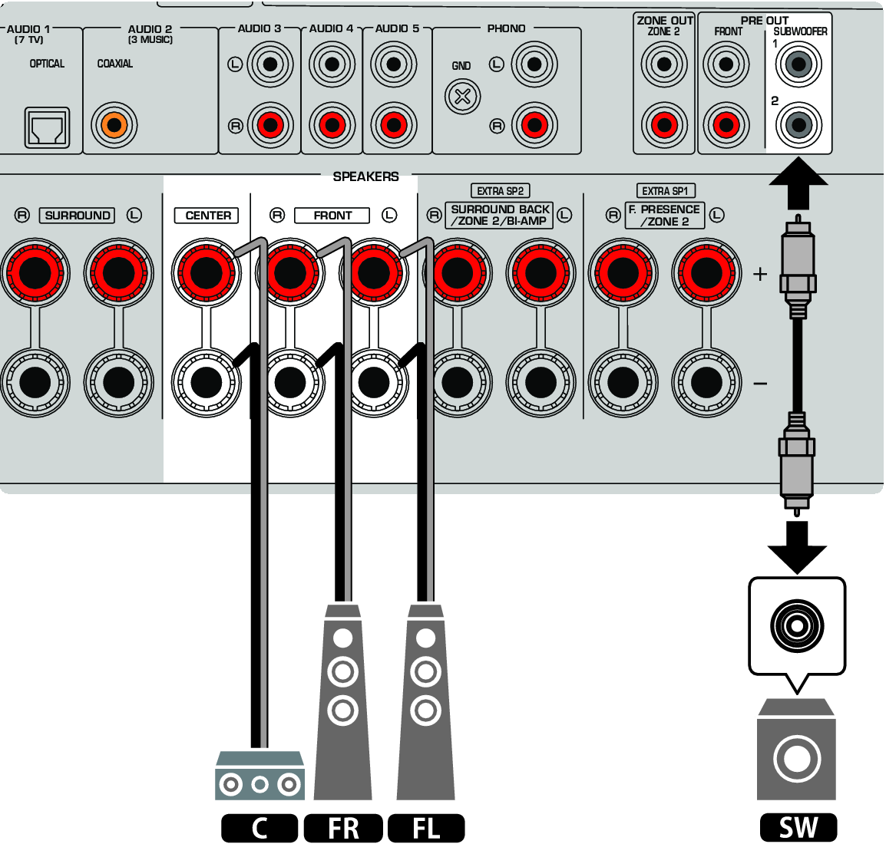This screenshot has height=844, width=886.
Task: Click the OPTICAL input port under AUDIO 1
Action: pos(48,127)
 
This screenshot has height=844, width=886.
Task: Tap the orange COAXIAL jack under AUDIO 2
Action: pos(114,124)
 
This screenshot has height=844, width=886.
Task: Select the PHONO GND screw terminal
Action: pos(462,97)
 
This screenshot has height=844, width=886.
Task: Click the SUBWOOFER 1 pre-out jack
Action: pos(798,64)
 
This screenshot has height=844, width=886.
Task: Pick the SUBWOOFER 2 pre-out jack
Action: pos(798,124)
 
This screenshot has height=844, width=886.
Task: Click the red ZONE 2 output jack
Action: pos(664,124)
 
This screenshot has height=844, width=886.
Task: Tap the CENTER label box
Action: pos(207,216)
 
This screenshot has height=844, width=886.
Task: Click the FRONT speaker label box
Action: pos(332,216)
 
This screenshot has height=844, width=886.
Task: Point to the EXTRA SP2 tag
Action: pos(500,191)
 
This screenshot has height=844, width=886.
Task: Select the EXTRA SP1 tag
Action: pos(665,191)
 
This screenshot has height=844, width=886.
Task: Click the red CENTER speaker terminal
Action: pos(206,272)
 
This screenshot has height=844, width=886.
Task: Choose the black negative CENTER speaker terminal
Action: pos(206,382)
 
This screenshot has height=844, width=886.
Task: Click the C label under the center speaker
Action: pos(260,829)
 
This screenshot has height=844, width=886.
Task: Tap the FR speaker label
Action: pos(343,829)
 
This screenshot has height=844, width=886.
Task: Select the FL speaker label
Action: pos(426,829)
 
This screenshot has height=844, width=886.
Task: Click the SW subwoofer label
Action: pos(798,828)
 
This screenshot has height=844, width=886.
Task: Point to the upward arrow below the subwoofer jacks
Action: pos(798,182)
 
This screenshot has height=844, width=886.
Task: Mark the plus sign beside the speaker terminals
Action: pos(760,273)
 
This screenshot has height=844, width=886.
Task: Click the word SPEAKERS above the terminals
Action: pos(365,176)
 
